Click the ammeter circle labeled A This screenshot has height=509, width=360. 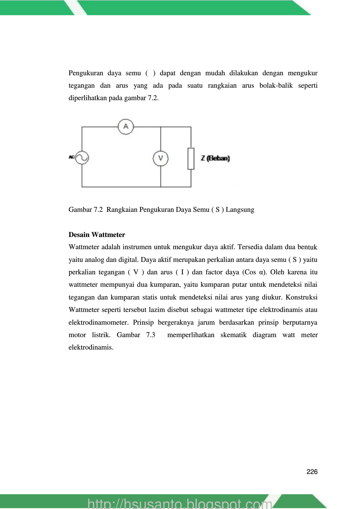point(126,126)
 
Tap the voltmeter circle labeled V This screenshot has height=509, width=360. point(160,158)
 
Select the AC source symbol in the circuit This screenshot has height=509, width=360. point(82,158)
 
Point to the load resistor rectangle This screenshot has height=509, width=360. point(191,158)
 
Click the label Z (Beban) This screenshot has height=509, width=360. point(215,158)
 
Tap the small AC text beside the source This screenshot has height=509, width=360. point(72,157)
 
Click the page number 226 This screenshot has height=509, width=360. point(312,472)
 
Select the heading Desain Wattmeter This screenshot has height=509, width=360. point(97,235)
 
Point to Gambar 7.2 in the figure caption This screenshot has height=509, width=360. point(85,210)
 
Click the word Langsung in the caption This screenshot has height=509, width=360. point(240,210)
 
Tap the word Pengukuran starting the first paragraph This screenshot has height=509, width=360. point(86,73)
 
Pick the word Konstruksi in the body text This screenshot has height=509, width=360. point(301,297)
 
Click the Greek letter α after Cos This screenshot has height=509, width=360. point(262,272)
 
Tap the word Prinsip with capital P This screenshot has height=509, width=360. point(143,322)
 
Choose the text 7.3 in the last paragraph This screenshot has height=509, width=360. point(151,335)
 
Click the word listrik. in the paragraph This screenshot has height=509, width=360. point(101,335)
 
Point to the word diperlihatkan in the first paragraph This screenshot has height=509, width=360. point(87,98)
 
